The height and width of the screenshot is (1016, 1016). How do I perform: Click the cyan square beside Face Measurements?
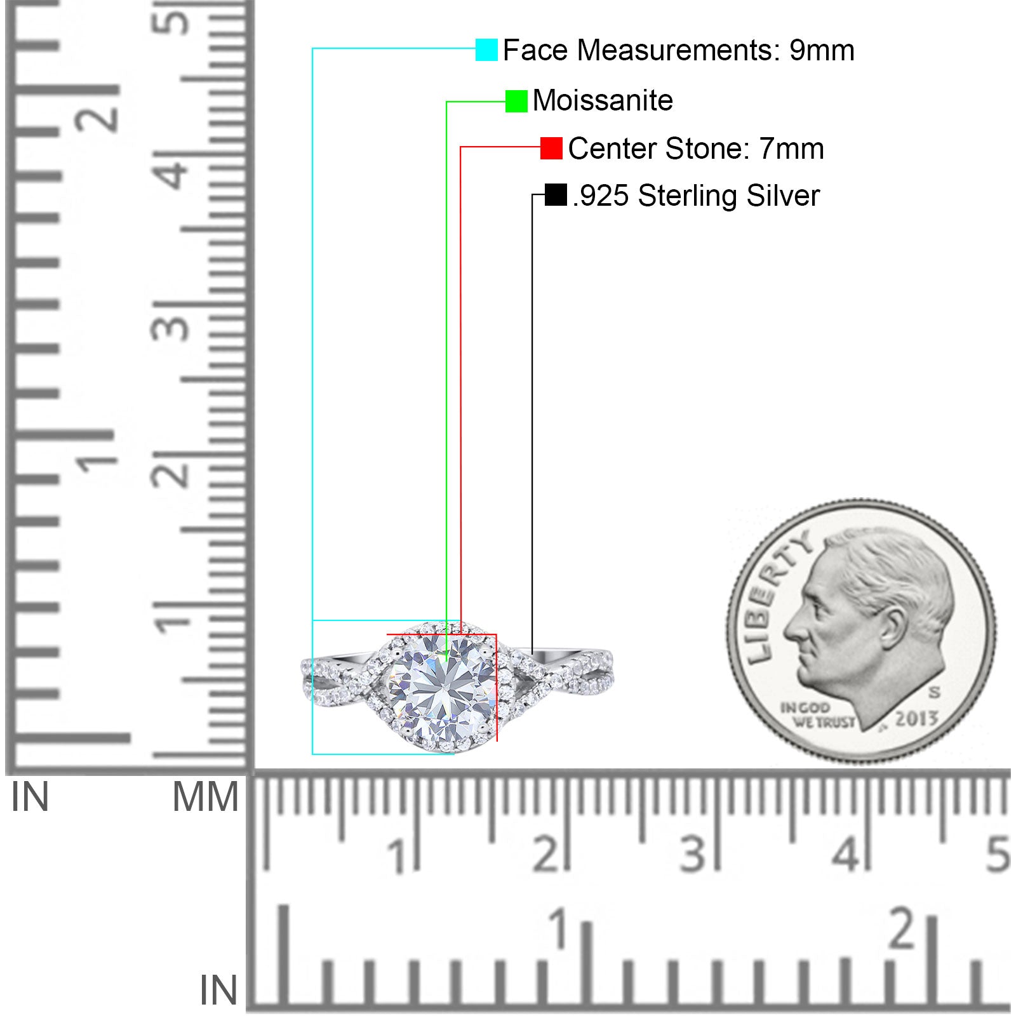[486, 50]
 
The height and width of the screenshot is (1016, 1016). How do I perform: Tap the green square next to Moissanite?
[516, 101]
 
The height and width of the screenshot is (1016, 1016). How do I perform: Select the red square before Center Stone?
[551, 149]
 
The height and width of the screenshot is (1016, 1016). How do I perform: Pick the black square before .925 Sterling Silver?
[556, 195]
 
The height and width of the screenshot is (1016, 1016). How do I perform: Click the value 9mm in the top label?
[822, 50]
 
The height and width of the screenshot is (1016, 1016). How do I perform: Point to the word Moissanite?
[603, 100]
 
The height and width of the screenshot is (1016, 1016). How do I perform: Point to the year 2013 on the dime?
[916, 719]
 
